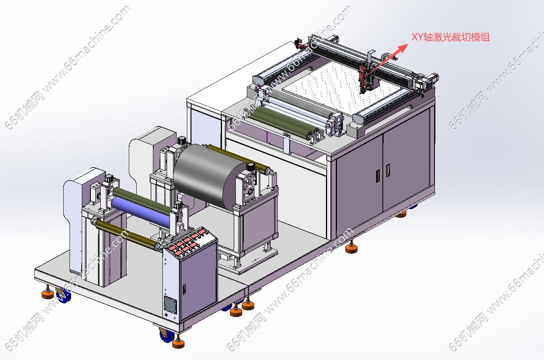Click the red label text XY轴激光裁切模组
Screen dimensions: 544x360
450,37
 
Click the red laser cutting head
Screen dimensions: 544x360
363,77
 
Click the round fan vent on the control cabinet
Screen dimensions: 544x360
170,304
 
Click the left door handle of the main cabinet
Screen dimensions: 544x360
378,175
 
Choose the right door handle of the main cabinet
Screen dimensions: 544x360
388,170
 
